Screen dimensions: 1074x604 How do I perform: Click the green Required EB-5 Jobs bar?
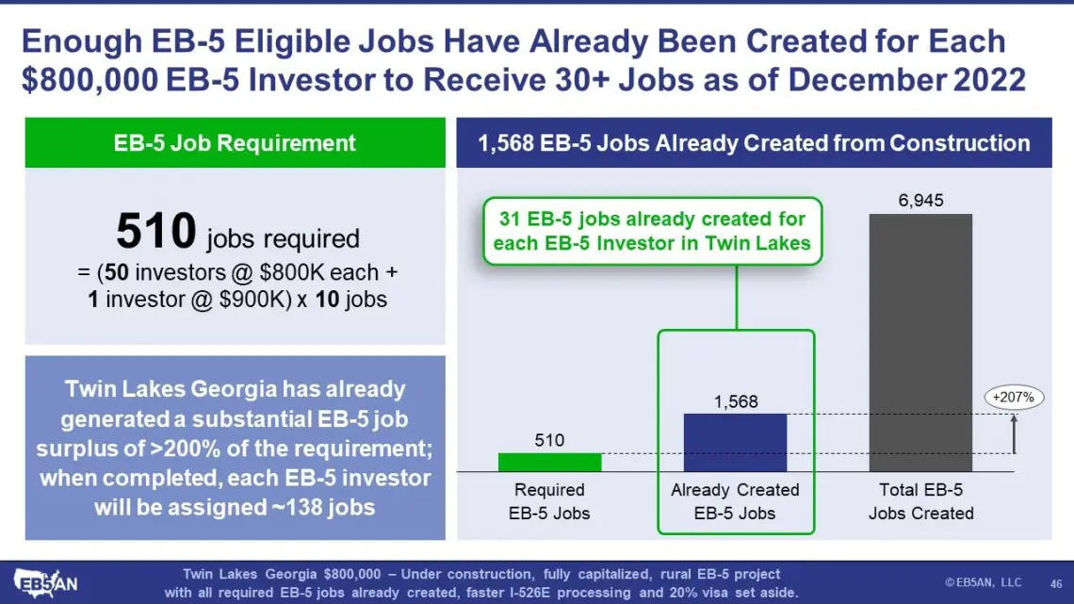[x=549, y=463]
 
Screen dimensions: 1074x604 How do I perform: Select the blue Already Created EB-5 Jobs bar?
[x=735, y=442]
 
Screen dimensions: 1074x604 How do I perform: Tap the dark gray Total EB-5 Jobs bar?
[x=920, y=342]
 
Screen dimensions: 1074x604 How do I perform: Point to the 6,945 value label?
[x=920, y=201]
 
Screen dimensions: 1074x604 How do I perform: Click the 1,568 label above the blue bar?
[x=736, y=401]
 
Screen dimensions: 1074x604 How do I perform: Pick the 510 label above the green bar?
[x=549, y=440]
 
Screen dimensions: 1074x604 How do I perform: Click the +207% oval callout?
[x=1014, y=398]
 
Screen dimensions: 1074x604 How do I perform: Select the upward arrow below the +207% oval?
[x=1015, y=434]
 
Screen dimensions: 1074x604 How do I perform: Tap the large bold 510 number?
[x=156, y=231]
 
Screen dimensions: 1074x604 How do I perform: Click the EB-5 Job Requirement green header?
[x=235, y=142]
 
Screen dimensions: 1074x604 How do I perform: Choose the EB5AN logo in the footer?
[x=45, y=583]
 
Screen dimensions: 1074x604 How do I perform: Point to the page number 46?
[x=1055, y=584]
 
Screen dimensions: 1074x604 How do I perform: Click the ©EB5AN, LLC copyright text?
[x=983, y=582]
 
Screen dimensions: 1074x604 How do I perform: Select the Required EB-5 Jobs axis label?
[x=549, y=501]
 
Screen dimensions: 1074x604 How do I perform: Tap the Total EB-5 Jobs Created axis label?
[x=921, y=501]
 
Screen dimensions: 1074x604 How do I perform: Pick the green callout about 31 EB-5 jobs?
[x=652, y=231]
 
